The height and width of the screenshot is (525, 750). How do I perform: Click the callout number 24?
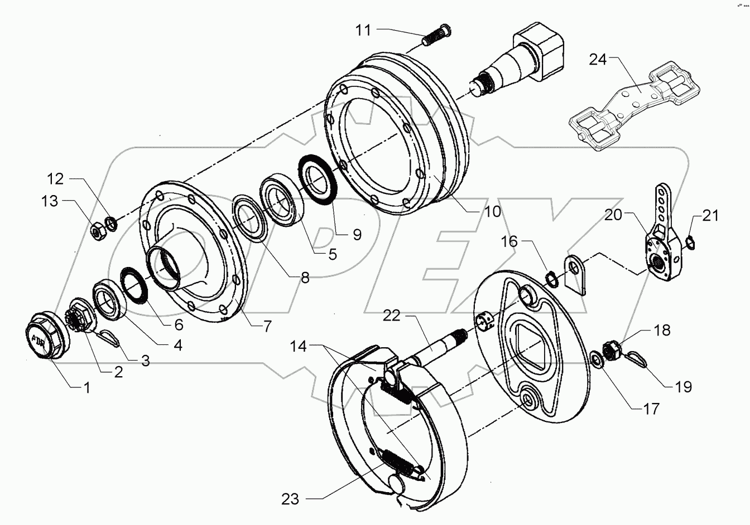598,59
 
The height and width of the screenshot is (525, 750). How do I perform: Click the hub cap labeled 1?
47,336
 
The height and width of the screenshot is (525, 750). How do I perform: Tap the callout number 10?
492,211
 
